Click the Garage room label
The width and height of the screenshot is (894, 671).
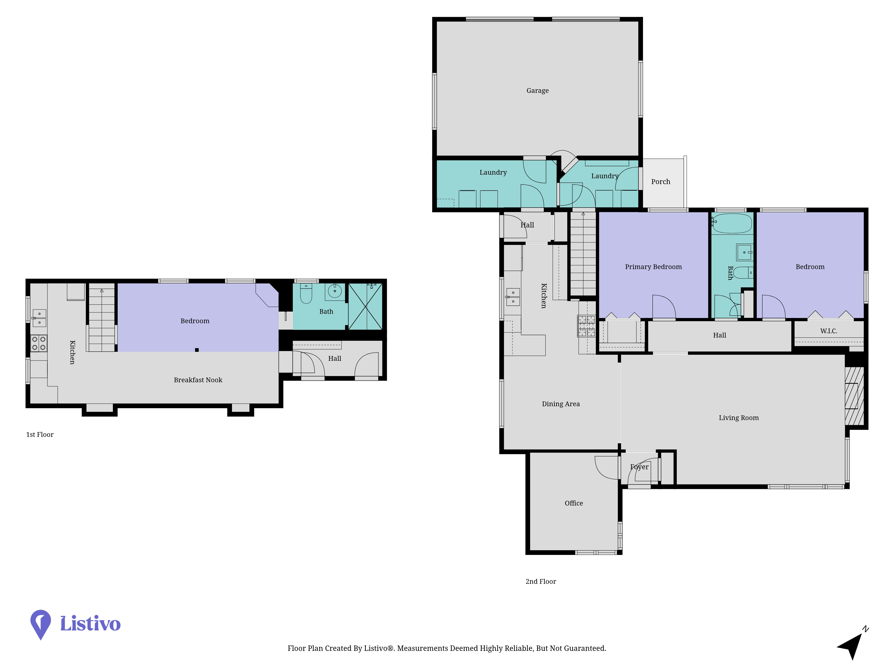pos(538,91)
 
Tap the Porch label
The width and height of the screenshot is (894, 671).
pos(660,182)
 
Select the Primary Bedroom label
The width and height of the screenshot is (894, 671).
pos(653,267)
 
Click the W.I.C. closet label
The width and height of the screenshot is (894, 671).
pos(829,331)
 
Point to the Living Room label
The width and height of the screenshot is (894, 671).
pos(738,418)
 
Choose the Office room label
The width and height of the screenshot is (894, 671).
pos(574,503)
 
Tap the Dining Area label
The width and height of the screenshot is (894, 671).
pos(561,404)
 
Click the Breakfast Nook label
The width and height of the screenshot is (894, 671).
pos(198,380)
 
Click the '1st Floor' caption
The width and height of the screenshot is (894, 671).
pos(40,434)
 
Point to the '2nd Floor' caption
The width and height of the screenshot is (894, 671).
pos(541,581)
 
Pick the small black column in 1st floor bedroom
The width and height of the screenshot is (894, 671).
pos(197,350)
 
